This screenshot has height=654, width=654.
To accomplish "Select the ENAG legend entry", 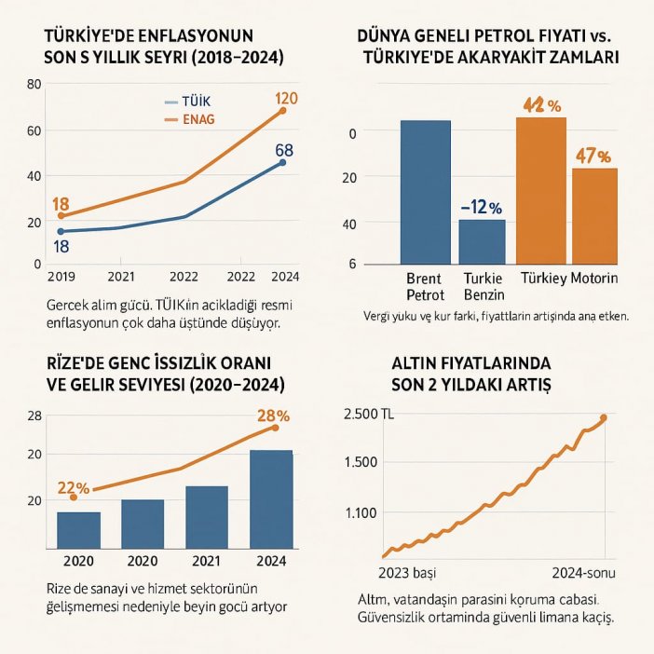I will [193, 119].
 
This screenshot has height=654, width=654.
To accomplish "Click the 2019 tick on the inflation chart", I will [60, 276].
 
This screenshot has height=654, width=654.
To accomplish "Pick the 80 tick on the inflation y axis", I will [35, 85].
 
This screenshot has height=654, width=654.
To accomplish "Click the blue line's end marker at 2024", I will [282, 163].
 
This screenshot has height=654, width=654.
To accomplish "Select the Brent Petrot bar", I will [425, 191].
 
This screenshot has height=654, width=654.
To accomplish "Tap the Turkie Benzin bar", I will [482, 240].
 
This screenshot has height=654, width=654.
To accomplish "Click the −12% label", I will [482, 207].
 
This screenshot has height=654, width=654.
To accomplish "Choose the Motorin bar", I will [593, 215].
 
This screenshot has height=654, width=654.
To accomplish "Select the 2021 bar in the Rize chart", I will [206, 516].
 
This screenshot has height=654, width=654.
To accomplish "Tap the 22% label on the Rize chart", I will [73, 487].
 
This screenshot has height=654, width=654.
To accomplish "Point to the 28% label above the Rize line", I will [272, 415].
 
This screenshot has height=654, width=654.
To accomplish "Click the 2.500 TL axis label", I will [370, 415].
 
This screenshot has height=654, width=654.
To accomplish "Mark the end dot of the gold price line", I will [604, 418].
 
